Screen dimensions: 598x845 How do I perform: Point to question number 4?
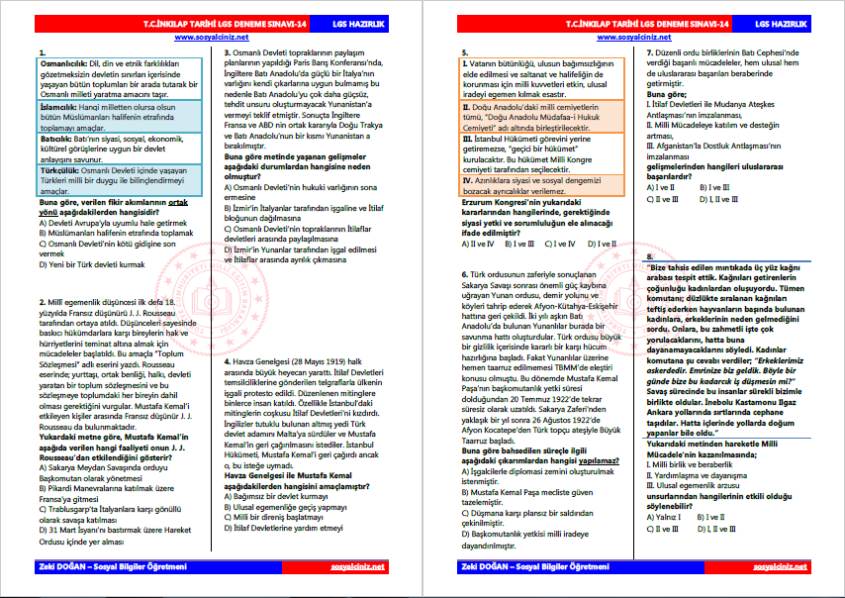pyautogui.click(x=228, y=361)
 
